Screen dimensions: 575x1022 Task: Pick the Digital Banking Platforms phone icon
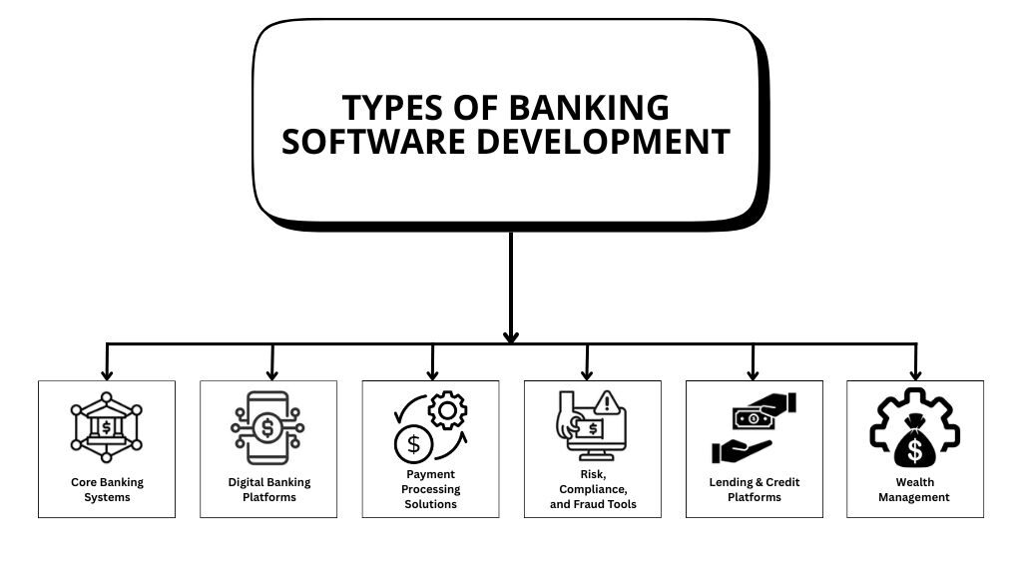click(x=267, y=428)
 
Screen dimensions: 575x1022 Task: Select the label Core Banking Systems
click(x=107, y=489)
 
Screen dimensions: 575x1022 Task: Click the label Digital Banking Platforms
click(x=268, y=489)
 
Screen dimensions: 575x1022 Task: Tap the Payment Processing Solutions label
click(x=430, y=489)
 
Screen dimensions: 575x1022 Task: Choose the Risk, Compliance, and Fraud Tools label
click(x=593, y=489)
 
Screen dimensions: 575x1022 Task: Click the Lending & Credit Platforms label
click(x=754, y=489)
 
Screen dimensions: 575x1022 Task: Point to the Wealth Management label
click(x=914, y=489)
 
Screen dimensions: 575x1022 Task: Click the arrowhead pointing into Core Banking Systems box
click(x=107, y=373)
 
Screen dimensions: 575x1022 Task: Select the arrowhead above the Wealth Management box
click(x=915, y=373)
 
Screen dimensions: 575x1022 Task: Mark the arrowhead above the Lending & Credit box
click(x=753, y=373)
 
